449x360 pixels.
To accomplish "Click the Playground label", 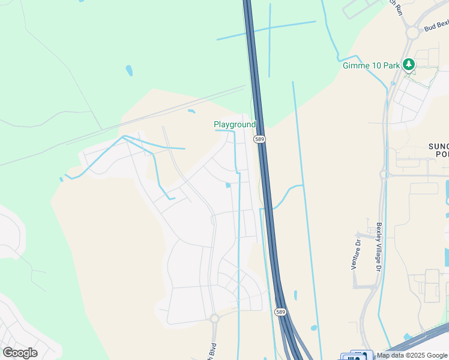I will point(235,124).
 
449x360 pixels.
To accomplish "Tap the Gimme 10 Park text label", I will point(370,65).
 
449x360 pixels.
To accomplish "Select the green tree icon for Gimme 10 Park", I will point(409,64).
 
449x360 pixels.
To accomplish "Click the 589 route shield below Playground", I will point(259,139).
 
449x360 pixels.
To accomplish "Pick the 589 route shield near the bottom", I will point(280,312).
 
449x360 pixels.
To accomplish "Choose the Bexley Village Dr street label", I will point(379,247).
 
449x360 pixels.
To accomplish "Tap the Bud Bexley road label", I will point(436,26).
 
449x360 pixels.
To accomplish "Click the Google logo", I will point(20,352).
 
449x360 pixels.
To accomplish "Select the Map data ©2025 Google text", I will point(412,356).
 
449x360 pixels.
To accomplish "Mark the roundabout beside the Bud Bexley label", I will point(412,33).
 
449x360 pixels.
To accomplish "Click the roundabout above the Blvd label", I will point(214,318).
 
